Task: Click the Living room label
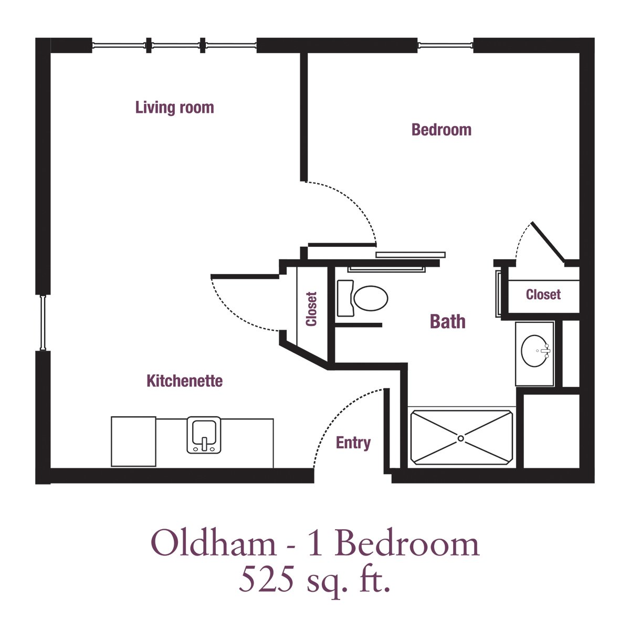(x=175, y=108)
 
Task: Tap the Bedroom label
(x=442, y=130)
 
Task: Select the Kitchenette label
(x=184, y=381)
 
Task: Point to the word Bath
(x=448, y=321)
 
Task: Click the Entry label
(x=353, y=443)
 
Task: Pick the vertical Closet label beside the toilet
(x=311, y=309)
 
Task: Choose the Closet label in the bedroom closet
(x=543, y=295)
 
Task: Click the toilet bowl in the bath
(x=371, y=298)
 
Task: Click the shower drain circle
(x=460, y=438)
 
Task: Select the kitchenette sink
(x=204, y=435)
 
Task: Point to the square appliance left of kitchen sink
(x=133, y=442)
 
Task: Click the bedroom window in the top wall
(x=445, y=45)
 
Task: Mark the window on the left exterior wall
(x=43, y=323)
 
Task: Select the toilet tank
(x=345, y=298)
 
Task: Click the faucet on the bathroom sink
(x=545, y=351)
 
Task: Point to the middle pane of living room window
(x=175, y=45)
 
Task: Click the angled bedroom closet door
(x=548, y=242)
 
